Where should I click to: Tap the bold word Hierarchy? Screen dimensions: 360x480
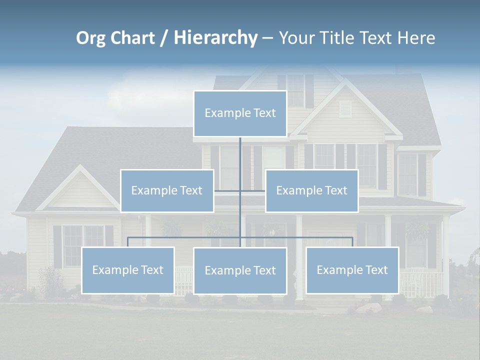(x=215, y=38)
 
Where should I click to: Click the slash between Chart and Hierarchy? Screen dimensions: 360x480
(x=163, y=38)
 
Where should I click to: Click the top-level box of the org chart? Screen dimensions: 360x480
(x=240, y=113)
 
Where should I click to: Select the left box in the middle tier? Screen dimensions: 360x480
(x=167, y=190)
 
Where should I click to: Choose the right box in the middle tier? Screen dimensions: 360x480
(x=311, y=190)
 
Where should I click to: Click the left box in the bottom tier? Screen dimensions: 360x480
(x=128, y=270)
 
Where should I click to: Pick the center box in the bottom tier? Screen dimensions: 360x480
(x=240, y=271)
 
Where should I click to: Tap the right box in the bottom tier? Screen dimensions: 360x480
(x=352, y=270)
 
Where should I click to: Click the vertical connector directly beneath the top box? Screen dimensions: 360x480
(x=240, y=155)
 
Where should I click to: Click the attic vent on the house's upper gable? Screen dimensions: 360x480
(x=345, y=108)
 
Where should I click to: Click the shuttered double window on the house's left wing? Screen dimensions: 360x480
(x=83, y=245)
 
